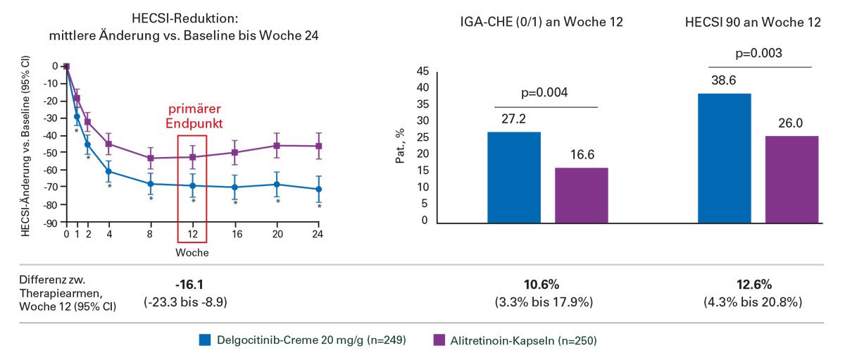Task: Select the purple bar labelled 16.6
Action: point(582,195)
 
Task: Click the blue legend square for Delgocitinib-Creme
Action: point(205,341)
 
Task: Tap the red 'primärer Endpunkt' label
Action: point(192,116)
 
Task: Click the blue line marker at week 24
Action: point(318,189)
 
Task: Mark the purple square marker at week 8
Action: point(151,158)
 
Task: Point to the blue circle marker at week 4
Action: point(108,171)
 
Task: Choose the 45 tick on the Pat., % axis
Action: point(422,71)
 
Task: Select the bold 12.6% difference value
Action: point(753,285)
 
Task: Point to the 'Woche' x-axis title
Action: point(192,252)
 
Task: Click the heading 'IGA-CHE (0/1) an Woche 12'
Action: point(537,23)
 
